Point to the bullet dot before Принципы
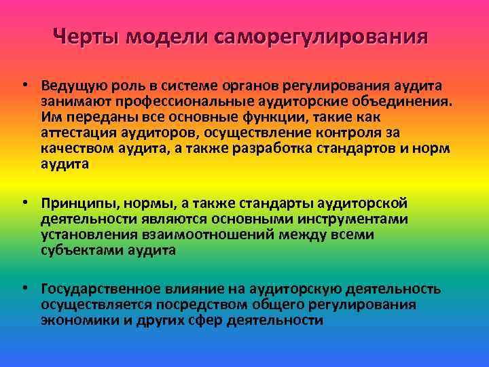coord(24,203)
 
